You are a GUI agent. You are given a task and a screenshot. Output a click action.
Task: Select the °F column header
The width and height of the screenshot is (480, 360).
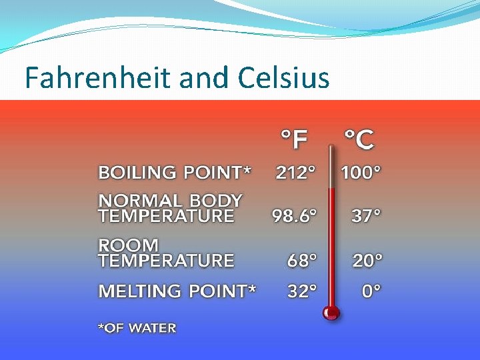[x=293, y=140]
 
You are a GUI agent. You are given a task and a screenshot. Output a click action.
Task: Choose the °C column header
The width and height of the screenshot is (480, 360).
[x=359, y=140]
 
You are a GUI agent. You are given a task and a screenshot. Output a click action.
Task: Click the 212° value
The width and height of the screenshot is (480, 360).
[x=295, y=173]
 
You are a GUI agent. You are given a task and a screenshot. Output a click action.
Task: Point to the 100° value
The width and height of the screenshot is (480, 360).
[x=361, y=173]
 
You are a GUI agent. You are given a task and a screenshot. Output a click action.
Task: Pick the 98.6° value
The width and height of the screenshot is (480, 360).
[x=293, y=216]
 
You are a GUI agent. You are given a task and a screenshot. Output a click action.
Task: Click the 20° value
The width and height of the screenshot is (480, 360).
[x=368, y=261]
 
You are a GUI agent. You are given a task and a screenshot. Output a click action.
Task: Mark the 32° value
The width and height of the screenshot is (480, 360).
[x=302, y=291]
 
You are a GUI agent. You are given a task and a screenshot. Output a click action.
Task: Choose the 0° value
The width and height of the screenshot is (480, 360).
[x=372, y=291]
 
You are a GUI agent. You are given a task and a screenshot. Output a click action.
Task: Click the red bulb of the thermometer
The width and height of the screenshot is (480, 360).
[x=330, y=312]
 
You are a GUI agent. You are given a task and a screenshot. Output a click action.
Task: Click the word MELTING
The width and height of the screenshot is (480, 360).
[x=140, y=291]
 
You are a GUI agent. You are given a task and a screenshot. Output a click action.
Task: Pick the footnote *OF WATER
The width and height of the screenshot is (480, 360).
[x=137, y=328]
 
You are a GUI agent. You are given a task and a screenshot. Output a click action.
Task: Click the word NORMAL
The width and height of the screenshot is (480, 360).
[x=140, y=201]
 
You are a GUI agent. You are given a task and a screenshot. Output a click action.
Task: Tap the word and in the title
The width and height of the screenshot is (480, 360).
[x=205, y=78]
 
